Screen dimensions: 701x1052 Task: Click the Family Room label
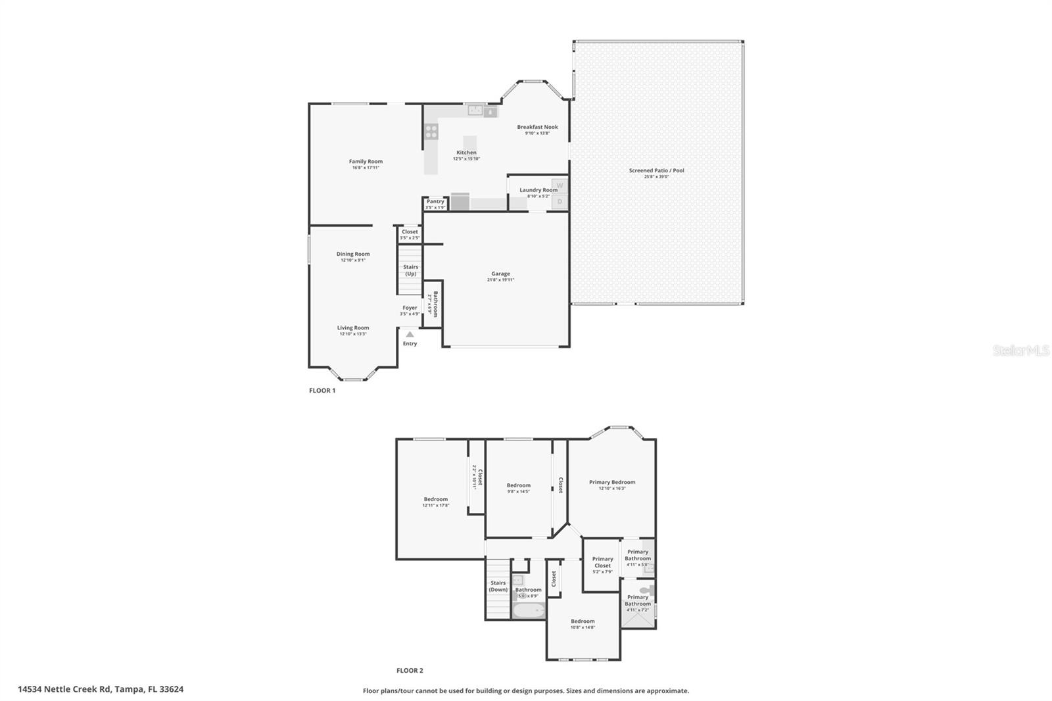366,161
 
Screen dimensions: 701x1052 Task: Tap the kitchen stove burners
431,132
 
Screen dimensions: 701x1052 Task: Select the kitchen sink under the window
475,110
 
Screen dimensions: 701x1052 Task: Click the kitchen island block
469,143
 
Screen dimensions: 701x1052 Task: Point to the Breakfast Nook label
537,127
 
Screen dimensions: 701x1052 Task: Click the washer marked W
560,185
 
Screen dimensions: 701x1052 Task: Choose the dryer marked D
560,202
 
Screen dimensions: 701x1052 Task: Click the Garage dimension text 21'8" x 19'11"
500,280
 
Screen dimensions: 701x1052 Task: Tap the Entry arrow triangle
410,335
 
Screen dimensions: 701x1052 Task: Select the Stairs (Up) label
410,270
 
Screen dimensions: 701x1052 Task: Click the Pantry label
435,201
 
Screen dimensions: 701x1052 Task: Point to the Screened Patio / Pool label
656,170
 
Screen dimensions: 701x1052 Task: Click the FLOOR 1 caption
322,391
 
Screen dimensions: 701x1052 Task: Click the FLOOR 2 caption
410,671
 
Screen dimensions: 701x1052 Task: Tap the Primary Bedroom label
612,482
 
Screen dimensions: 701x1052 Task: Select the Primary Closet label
602,562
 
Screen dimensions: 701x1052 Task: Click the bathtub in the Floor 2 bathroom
529,610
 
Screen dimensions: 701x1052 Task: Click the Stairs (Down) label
498,586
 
